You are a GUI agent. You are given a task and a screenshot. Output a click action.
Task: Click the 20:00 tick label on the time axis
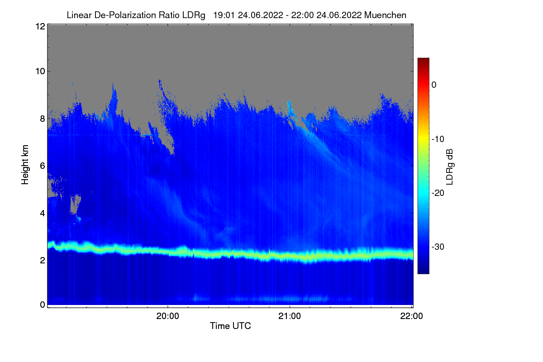[167, 316]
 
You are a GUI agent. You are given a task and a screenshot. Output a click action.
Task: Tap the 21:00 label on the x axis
[290, 316]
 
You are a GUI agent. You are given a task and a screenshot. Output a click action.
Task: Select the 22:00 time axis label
[412, 316]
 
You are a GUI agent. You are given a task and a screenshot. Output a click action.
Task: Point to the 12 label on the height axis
[40, 26]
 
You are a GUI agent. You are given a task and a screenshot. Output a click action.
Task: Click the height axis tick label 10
[40, 71]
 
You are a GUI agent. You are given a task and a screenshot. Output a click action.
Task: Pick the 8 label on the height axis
[43, 119]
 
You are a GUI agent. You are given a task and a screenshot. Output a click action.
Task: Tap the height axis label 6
[43, 166]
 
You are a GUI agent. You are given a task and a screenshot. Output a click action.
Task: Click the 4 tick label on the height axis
[43, 213]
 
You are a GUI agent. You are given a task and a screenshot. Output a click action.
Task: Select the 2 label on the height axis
[43, 260]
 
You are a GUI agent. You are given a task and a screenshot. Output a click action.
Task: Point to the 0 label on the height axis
[43, 305]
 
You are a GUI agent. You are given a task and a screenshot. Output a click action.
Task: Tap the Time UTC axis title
[230, 326]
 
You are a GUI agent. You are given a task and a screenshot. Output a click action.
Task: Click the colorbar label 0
[434, 85]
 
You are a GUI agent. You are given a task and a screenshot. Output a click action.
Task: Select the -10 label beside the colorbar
[438, 139]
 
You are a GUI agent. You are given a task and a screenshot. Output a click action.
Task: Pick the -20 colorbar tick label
[438, 193]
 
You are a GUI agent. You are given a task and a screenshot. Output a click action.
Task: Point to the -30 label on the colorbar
[438, 247]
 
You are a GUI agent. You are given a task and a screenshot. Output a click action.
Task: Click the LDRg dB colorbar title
[450, 167]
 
